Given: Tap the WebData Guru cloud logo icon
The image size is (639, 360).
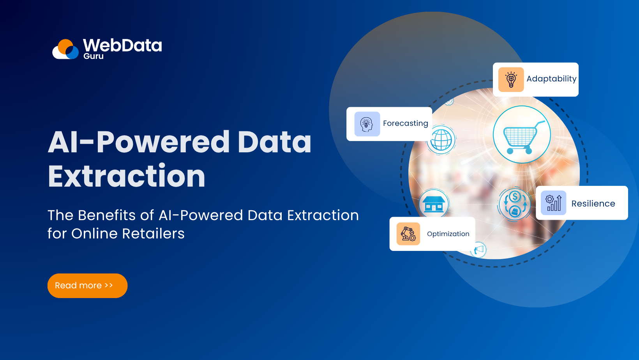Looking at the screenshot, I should click(66, 49).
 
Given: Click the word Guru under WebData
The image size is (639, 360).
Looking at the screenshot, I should click(94, 56).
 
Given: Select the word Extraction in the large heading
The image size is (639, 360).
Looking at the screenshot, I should click(127, 176).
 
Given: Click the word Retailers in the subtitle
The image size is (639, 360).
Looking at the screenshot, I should click(153, 234).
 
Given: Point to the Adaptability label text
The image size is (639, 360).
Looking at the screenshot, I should click(551, 79).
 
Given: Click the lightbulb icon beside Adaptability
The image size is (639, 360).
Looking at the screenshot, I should click(511, 79).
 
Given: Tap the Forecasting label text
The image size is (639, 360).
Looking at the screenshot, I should click(405, 124).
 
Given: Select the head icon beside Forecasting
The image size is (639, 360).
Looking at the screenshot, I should click(367, 124).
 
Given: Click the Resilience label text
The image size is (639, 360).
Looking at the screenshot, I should click(593, 204).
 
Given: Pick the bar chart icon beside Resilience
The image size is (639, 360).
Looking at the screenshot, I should click(553, 203).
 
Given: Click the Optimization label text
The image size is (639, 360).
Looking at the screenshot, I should click(448, 234).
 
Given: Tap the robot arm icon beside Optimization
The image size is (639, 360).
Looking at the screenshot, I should click(408, 234).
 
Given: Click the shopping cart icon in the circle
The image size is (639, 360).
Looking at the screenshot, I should click(521, 135).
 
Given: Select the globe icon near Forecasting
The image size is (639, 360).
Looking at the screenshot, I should click(441, 140).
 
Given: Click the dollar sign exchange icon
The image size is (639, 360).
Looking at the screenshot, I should click(515, 204).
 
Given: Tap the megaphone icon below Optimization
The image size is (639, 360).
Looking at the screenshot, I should click(479, 250).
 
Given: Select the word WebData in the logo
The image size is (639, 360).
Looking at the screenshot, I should click(122, 46).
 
